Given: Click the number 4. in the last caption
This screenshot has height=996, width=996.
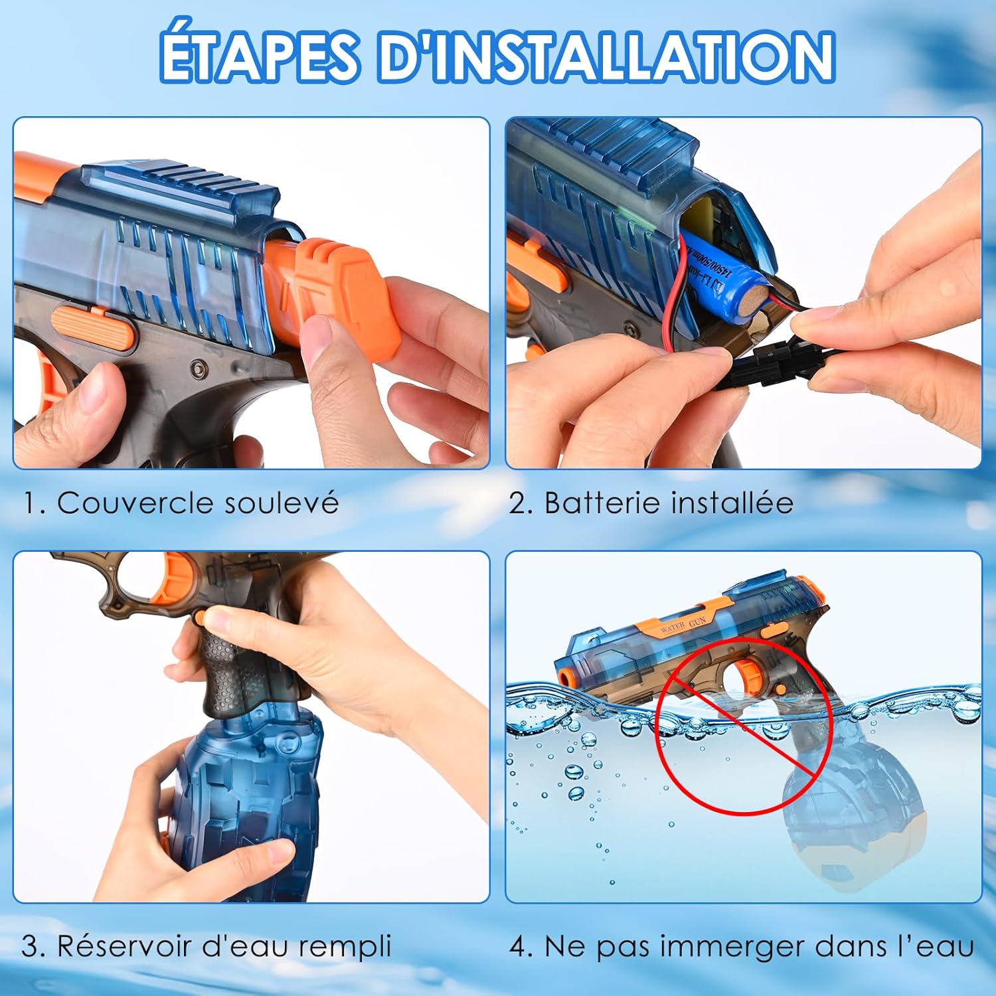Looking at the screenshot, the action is [x=522, y=946].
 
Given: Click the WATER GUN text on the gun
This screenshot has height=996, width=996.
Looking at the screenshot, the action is [x=683, y=624].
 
